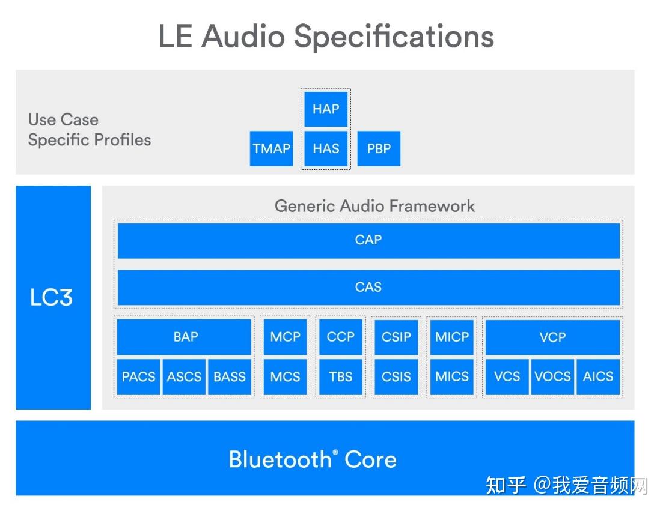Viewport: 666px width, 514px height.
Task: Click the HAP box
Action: tap(326, 109)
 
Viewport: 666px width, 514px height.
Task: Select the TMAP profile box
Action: tap(271, 148)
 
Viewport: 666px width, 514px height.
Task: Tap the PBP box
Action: tap(379, 148)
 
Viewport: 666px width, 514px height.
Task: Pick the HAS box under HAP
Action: tap(326, 148)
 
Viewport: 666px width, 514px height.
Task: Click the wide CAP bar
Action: tap(368, 240)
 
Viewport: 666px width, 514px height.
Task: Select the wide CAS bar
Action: tap(368, 287)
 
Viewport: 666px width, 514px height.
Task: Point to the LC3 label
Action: tap(52, 298)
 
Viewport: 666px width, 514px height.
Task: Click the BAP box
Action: tap(185, 337)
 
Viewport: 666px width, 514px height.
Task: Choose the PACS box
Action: tap(138, 377)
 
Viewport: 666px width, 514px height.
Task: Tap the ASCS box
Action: tap(184, 377)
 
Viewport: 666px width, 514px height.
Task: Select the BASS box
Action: tap(230, 377)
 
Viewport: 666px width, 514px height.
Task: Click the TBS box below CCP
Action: tap(340, 377)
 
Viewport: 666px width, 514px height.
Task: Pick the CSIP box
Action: tap(396, 337)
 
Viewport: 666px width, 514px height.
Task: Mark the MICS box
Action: tap(452, 377)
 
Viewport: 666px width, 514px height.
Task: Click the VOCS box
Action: tap(552, 377)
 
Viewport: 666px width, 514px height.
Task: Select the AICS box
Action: tap(598, 377)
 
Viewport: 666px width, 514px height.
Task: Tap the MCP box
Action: tap(285, 337)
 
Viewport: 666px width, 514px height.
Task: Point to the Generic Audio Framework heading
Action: tap(374, 206)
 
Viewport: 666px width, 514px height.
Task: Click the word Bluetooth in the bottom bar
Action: tap(280, 459)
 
